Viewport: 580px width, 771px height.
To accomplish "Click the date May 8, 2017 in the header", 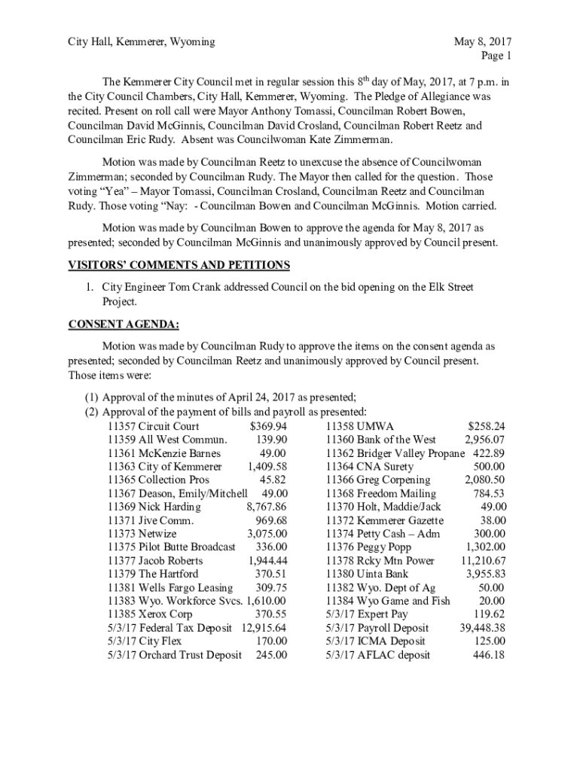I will [482, 42].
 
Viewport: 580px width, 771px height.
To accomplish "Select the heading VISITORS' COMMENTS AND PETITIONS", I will [179, 264].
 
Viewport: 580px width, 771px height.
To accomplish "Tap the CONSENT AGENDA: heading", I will [124, 325].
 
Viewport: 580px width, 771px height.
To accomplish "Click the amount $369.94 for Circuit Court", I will [268, 426].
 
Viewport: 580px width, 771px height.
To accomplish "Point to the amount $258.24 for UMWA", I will [486, 426].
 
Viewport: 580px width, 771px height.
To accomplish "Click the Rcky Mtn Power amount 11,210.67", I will [482, 561].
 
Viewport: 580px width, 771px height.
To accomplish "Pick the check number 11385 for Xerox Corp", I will [121, 614].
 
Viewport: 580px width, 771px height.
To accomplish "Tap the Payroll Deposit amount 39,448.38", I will [482, 628].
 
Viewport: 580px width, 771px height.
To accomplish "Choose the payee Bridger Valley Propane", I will [411, 453].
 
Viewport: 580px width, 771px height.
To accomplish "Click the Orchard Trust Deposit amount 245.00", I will [271, 655].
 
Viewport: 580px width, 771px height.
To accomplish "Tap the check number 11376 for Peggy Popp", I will [340, 547].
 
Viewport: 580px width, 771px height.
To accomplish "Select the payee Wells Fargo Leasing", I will [185, 587].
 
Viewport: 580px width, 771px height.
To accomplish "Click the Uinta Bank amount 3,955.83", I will [485, 574].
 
